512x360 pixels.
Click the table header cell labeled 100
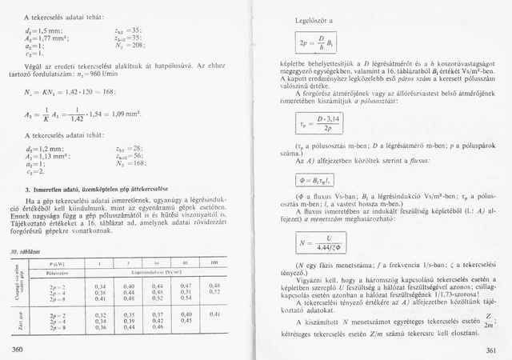point(214,262)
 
